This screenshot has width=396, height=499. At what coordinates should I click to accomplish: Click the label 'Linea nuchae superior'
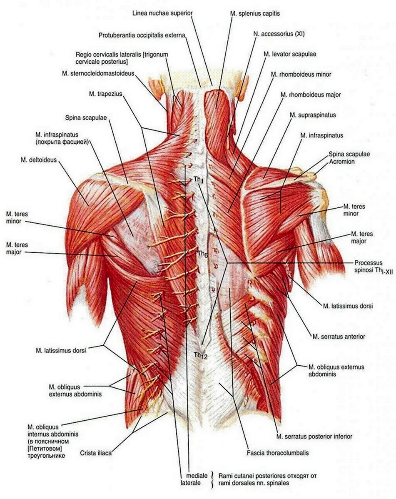[162, 13]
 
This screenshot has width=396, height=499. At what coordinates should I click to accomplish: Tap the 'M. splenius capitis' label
[255, 14]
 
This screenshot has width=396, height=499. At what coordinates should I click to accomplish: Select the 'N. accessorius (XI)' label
[279, 34]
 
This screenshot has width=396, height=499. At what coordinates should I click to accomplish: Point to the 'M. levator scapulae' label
[290, 54]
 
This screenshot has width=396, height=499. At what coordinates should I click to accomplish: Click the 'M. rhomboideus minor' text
[301, 75]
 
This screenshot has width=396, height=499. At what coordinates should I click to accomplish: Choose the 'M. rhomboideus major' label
[311, 95]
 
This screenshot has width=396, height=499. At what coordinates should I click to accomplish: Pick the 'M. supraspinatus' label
[313, 115]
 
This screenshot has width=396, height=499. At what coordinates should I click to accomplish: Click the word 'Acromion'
[341, 161]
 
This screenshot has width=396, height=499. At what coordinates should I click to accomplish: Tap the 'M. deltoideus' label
[38, 160]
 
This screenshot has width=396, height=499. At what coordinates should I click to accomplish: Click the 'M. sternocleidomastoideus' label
[98, 73]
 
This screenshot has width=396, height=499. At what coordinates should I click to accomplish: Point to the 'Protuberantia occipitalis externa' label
[142, 35]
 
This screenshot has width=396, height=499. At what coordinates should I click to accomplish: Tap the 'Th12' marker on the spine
[201, 355]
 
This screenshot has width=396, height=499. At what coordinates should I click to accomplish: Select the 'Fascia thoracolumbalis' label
[278, 452]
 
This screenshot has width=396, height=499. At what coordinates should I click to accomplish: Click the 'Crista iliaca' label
[96, 453]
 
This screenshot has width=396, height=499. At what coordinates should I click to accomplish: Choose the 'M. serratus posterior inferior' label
[314, 436]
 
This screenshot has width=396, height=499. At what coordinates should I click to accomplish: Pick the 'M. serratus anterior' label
[339, 337]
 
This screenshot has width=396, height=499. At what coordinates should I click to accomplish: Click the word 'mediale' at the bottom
[197, 476]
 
